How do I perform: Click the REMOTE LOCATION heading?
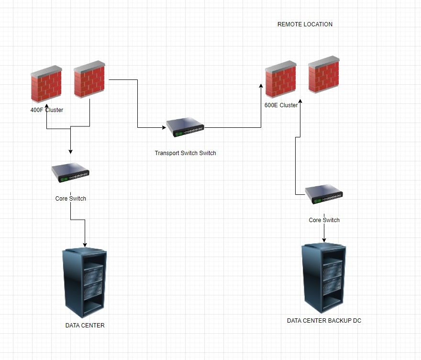(x=305, y=24)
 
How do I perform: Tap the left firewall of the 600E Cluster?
(x=280, y=79)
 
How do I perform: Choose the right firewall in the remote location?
(x=324, y=76)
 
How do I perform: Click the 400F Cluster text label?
(x=47, y=110)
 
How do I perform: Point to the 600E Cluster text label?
(x=281, y=105)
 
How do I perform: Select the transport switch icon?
(x=185, y=128)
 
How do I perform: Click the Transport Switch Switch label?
(x=185, y=153)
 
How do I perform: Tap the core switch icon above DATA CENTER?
(x=70, y=173)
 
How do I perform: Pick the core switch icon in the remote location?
(x=324, y=194)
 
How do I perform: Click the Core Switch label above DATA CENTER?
(x=71, y=198)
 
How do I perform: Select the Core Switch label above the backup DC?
(x=324, y=220)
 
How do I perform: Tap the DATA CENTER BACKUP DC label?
(x=324, y=321)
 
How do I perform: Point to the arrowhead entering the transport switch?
(x=164, y=128)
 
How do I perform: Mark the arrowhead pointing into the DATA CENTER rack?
(x=85, y=245)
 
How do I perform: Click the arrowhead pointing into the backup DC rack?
(x=324, y=239)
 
